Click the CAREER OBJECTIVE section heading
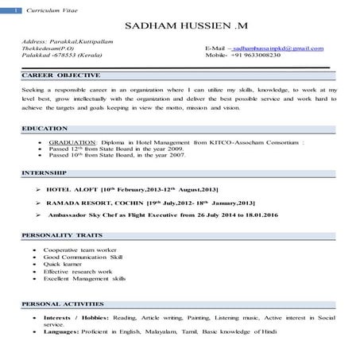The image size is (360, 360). pyautogui.click(x=60, y=75)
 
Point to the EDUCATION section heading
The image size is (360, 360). pyautogui.click(x=45, y=128)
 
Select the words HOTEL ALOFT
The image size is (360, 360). pyautogui.click(x=75, y=191)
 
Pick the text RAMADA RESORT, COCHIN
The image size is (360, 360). pyautogui.click(x=97, y=203)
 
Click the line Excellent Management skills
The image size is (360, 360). pyautogui.click(x=83, y=281)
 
